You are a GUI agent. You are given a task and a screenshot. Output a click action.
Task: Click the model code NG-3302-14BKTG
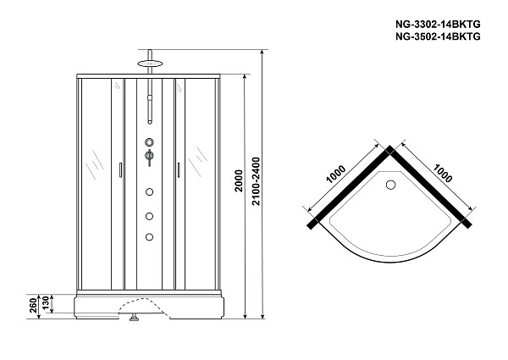coord(438,25)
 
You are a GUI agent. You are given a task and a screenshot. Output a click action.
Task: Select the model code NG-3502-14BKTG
coord(438,37)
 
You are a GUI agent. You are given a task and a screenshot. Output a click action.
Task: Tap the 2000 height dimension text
coord(239,180)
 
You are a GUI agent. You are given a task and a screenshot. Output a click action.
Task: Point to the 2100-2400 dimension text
coord(257,181)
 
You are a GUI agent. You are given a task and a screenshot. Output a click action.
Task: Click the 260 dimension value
coord(34,306)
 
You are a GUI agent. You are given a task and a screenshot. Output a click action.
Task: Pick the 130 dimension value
coord(46,303)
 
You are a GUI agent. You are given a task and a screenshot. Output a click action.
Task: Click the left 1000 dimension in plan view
coord(335,174)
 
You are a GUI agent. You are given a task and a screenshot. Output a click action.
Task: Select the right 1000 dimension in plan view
coord(442,173)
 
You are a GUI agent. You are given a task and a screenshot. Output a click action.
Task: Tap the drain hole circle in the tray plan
coord(391,185)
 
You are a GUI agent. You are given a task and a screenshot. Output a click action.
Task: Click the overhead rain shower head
coord(150,64)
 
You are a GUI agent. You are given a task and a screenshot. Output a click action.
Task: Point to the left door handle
coord(120,170)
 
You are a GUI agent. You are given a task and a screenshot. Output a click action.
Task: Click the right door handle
coord(178,170)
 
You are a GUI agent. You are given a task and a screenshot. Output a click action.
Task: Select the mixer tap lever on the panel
coord(149,158)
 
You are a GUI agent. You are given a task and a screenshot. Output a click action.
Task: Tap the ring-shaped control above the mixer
coord(149,142)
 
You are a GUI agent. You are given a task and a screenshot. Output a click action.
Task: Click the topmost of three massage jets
coord(149,191)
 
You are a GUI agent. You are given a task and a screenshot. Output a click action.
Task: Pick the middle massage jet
coord(149,216)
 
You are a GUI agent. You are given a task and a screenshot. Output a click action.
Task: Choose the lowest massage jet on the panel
coord(149,237)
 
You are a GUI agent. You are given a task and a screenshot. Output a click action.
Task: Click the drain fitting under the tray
coord(134,318)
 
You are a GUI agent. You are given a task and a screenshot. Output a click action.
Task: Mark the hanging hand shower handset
coord(150,109)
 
